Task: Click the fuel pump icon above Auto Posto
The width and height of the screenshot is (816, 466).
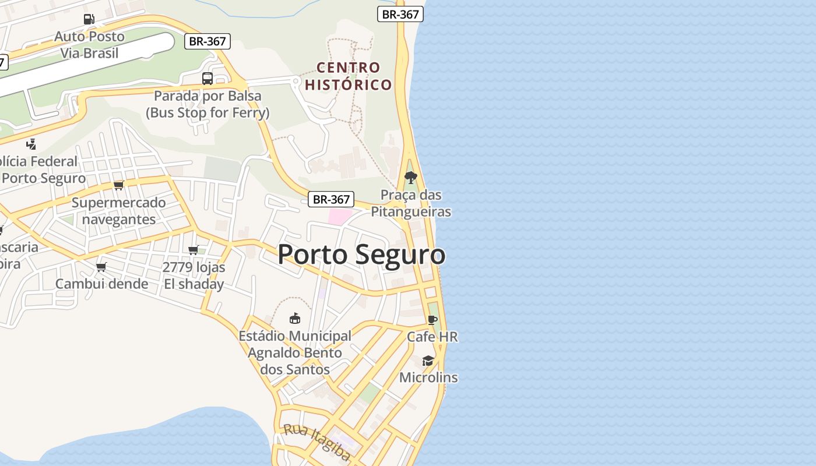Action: (89, 19)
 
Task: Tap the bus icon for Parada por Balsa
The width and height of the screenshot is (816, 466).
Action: (207, 78)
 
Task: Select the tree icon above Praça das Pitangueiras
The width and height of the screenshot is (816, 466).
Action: (411, 177)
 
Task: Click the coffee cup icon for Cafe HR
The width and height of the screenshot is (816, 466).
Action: (432, 320)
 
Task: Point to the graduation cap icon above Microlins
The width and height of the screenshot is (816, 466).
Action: (428, 361)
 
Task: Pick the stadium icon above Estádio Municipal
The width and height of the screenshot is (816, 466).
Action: (295, 319)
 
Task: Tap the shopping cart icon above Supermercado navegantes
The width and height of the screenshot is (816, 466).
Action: (119, 185)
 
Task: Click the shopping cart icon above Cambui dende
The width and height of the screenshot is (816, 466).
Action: (101, 267)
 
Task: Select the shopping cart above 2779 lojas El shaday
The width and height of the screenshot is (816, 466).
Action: (194, 250)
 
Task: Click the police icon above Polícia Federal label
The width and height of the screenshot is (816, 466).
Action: (31, 144)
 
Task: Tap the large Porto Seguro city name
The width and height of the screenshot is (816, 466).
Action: (361, 255)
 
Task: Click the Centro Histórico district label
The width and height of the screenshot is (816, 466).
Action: (349, 76)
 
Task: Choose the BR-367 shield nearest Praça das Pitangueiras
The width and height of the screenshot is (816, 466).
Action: (331, 199)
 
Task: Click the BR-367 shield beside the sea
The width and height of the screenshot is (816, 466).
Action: (400, 14)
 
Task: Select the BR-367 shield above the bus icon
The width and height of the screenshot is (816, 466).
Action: (207, 41)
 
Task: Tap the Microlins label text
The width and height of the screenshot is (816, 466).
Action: (428, 377)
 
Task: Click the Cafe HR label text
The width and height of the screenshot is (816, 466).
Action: (432, 337)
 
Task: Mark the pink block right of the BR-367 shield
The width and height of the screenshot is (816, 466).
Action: (340, 217)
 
